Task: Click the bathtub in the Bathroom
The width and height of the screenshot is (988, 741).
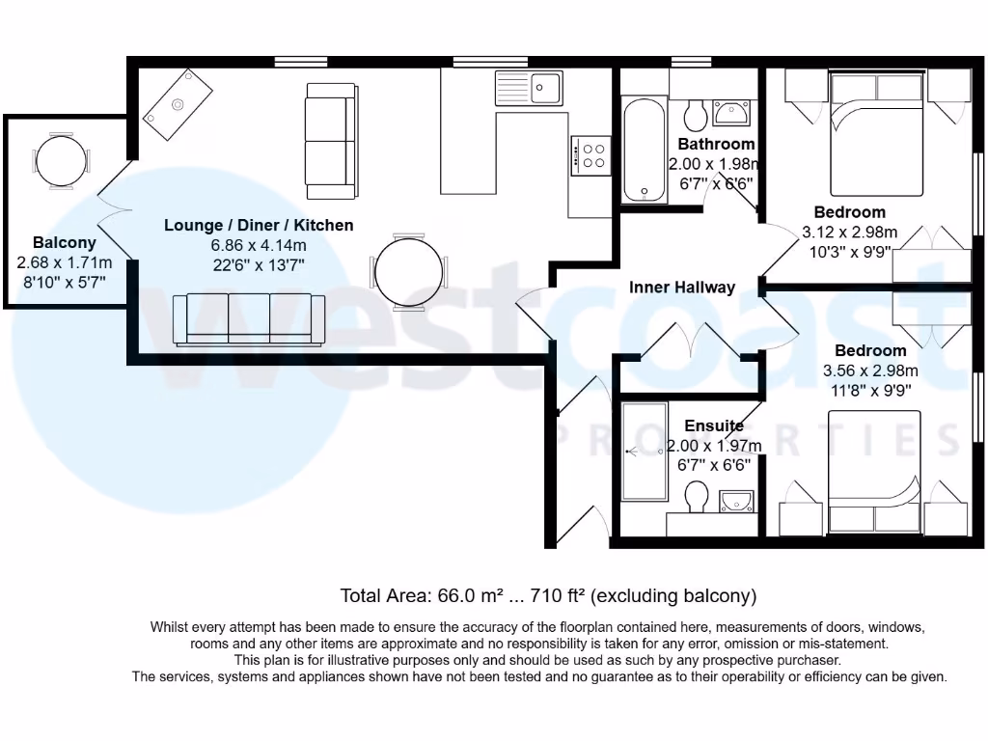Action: coord(644,150)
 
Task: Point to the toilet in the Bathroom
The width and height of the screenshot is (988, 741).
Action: coord(693,117)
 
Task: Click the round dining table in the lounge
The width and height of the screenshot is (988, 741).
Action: coord(410,271)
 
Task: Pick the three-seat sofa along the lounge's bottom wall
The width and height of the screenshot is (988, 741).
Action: coord(249,319)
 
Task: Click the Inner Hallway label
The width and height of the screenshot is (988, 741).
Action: coord(681,288)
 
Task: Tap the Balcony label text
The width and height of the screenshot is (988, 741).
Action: coord(64,243)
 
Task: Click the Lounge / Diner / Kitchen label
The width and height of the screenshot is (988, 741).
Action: coord(259,226)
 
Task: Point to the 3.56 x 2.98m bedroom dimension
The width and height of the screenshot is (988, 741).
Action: coord(870,370)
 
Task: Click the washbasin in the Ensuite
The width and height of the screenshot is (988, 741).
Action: coord(737,500)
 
